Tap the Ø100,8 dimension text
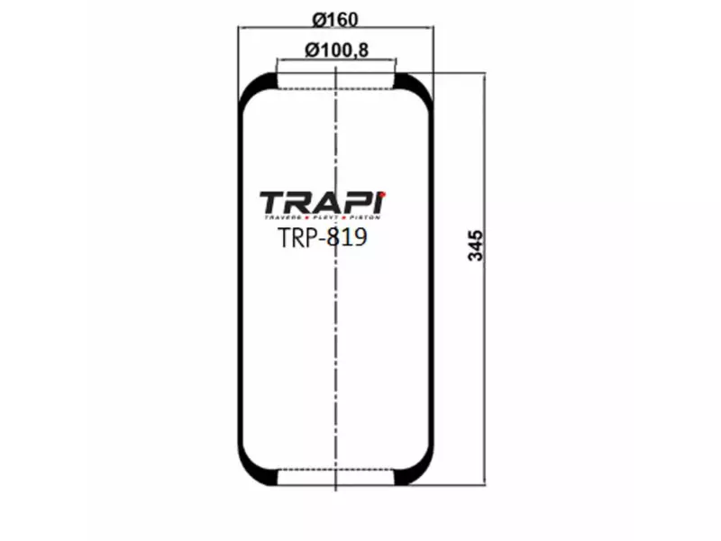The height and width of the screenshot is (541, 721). (336, 50)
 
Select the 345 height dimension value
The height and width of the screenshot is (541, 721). (477, 246)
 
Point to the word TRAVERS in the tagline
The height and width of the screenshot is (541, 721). (282, 218)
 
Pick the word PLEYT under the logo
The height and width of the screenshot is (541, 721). (327, 218)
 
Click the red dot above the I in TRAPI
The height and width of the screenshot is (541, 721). (383, 192)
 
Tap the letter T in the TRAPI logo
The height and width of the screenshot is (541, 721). (273, 203)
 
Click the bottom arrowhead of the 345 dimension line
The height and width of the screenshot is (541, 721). (485, 486)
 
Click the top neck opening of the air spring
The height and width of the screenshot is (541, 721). (335, 82)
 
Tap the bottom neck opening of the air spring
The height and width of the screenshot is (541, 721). (335, 480)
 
